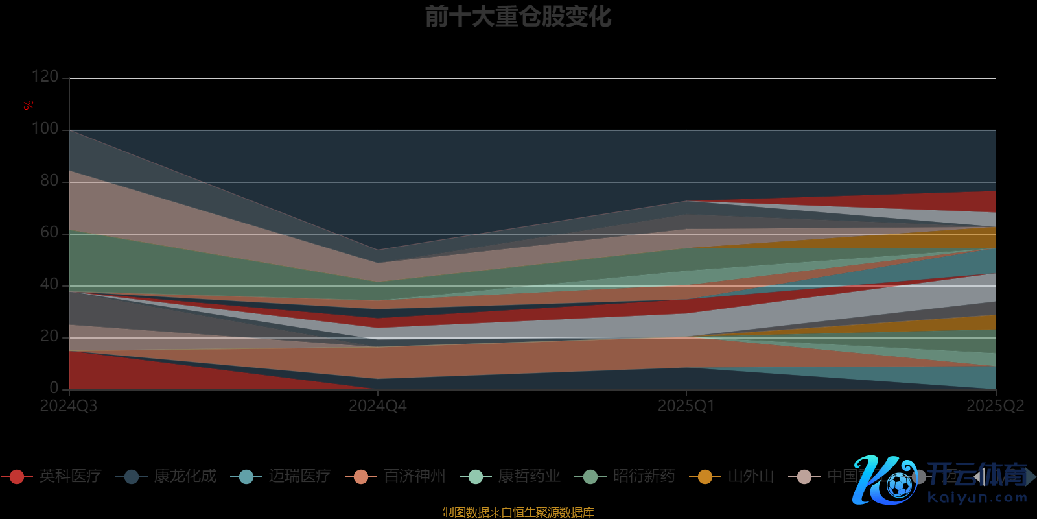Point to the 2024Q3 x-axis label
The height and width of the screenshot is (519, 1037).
tap(69, 406)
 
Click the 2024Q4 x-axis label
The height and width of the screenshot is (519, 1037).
tap(378, 406)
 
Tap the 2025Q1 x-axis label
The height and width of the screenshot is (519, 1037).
tap(686, 406)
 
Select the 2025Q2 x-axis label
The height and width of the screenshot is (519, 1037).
tap(996, 406)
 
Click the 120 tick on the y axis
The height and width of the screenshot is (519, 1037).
tap(45, 77)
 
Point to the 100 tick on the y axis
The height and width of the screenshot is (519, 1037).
tap(45, 128)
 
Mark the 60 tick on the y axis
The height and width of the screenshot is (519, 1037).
tap(49, 232)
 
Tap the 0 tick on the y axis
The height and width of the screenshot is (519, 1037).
tap(54, 388)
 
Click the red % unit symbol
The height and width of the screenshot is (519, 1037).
tap(29, 105)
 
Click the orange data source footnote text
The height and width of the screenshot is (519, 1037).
tap(518, 513)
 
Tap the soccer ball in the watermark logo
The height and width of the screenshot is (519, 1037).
tap(899, 485)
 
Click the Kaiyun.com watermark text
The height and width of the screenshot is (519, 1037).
tap(977, 498)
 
